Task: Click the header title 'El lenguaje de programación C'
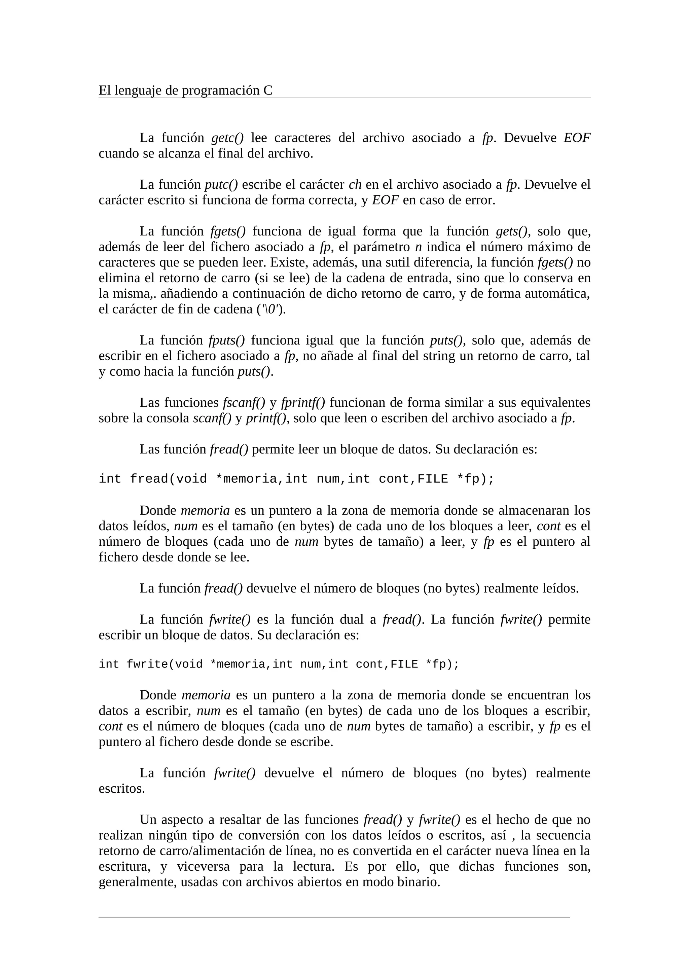point(185,91)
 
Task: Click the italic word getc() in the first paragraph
point(227,138)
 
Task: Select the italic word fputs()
point(227,340)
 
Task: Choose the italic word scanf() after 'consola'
point(212,418)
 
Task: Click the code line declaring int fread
point(296,479)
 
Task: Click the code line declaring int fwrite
point(279,664)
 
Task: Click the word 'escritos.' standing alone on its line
point(121,789)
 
